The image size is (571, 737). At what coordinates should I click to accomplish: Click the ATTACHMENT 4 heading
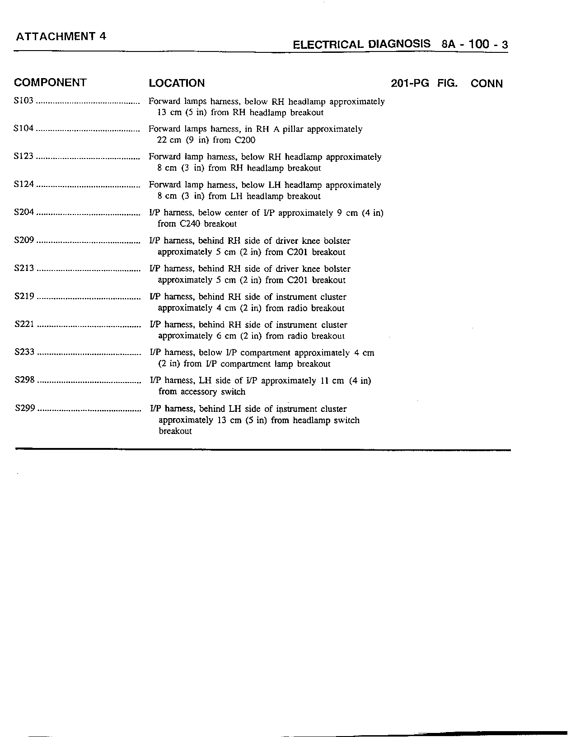[61, 37]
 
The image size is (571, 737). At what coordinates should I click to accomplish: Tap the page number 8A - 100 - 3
[475, 45]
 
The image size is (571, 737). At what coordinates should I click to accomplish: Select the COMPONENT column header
[50, 83]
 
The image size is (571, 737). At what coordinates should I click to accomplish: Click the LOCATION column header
[177, 83]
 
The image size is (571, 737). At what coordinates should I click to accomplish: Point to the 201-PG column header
[410, 84]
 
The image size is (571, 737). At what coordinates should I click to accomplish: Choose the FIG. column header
[447, 84]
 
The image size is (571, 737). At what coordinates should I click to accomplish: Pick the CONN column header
[487, 84]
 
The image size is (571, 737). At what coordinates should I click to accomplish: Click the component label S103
[24, 101]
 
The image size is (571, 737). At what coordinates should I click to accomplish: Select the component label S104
[24, 129]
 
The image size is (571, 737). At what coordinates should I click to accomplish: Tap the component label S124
[24, 185]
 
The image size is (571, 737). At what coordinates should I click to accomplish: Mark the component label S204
[24, 212]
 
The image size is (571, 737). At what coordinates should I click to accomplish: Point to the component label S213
[24, 269]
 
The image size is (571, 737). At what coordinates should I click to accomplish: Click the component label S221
[24, 324]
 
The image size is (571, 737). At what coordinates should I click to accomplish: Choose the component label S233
[24, 352]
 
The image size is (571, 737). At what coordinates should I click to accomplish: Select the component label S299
[25, 408]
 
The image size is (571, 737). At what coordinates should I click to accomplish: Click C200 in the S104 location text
[245, 140]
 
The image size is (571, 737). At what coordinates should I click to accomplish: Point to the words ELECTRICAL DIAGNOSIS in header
[361, 45]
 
